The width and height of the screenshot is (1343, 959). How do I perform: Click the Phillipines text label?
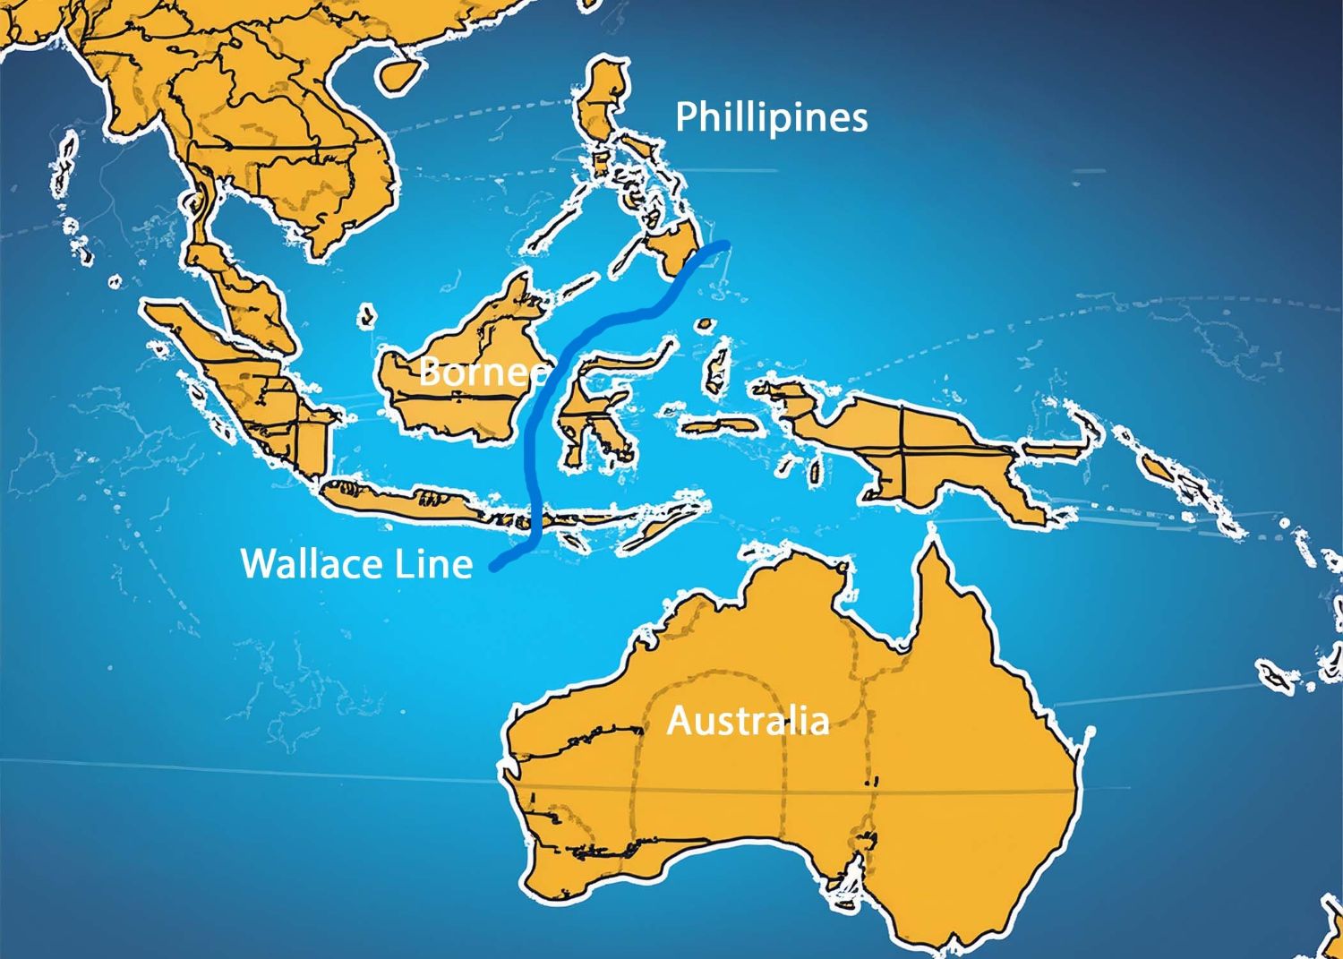(771, 117)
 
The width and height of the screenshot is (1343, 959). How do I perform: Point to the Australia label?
(748, 720)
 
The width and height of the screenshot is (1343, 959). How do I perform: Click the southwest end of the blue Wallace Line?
(495, 567)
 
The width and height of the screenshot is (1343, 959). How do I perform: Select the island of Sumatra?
(242, 385)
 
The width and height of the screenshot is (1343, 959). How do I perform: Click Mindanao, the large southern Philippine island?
(676, 246)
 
